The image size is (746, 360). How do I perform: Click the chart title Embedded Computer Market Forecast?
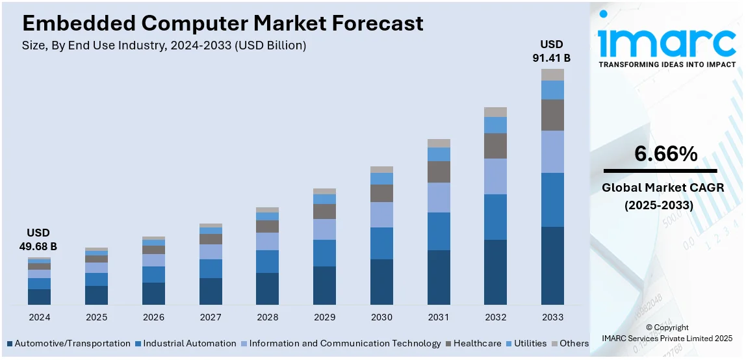[222, 23]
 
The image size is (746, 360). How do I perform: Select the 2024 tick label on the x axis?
[39, 317]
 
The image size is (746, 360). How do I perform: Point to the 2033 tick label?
[552, 317]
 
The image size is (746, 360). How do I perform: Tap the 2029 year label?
[324, 317]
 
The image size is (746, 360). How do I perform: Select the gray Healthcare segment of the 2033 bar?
[552, 115]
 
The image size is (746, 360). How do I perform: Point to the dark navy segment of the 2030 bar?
[381, 281]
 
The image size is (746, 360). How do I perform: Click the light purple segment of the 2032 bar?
[495, 176]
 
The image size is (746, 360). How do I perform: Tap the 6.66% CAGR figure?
[666, 154]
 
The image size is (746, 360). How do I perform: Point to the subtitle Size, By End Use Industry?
[164, 45]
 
